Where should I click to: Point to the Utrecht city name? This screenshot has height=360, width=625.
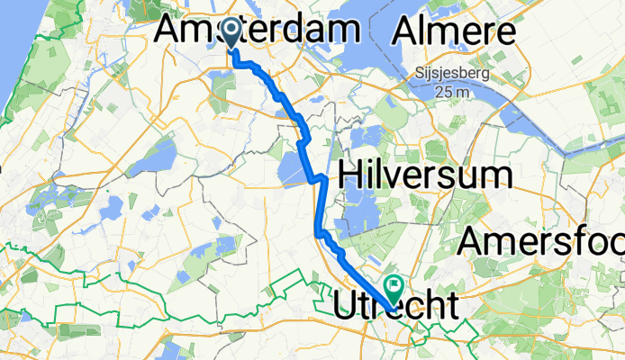pos(394,303)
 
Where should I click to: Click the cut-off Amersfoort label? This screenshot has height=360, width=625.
pos(540,241)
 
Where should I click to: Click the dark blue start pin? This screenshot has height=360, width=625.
pos(231,34)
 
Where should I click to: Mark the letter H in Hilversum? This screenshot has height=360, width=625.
pos(350,175)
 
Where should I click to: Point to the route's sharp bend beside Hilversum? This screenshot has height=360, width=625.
pos(317,179)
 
